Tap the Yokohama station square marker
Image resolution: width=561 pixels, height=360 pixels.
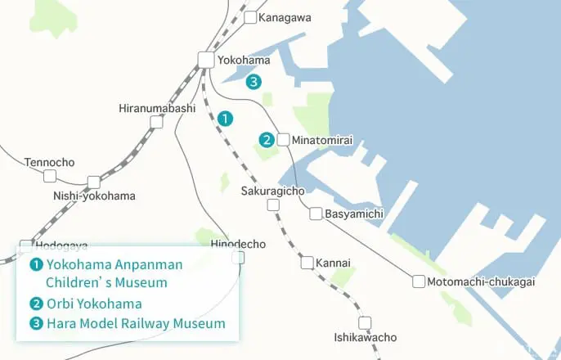(205, 59)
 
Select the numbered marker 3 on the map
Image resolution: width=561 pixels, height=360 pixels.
(254, 81)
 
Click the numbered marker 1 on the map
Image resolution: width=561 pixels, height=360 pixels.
(225, 119)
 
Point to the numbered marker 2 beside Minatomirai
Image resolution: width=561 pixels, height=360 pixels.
(267, 140)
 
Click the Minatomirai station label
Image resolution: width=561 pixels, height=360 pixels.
(321, 141)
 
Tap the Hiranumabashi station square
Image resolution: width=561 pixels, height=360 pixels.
(156, 123)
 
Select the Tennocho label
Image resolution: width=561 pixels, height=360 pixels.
(49, 162)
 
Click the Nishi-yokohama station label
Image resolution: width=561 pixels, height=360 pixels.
(94, 196)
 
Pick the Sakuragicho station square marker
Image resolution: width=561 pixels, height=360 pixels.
(273, 205)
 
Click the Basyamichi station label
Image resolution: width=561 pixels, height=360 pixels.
(354, 214)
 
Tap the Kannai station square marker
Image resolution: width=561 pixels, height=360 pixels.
(307, 263)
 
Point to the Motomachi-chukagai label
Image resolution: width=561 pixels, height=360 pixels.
(482, 282)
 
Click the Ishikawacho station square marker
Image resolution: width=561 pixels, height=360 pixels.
(365, 322)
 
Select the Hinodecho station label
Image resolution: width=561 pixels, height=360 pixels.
(238, 245)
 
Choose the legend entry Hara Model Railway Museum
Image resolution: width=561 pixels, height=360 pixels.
(136, 324)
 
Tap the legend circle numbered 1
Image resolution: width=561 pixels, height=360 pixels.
(36, 264)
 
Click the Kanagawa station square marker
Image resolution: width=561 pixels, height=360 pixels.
(250, 16)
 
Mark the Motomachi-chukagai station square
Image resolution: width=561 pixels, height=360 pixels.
(419, 282)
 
